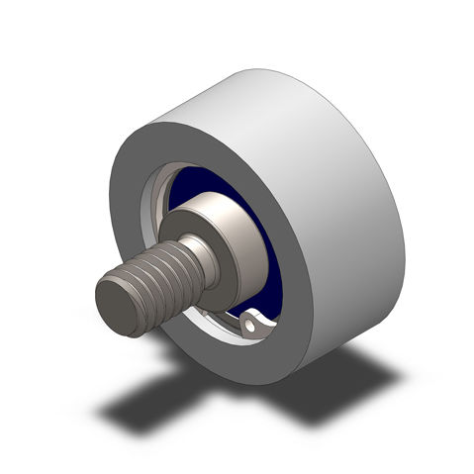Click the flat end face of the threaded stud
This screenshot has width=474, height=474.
click(x=120, y=305)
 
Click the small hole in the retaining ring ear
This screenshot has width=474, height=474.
click(x=254, y=321)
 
